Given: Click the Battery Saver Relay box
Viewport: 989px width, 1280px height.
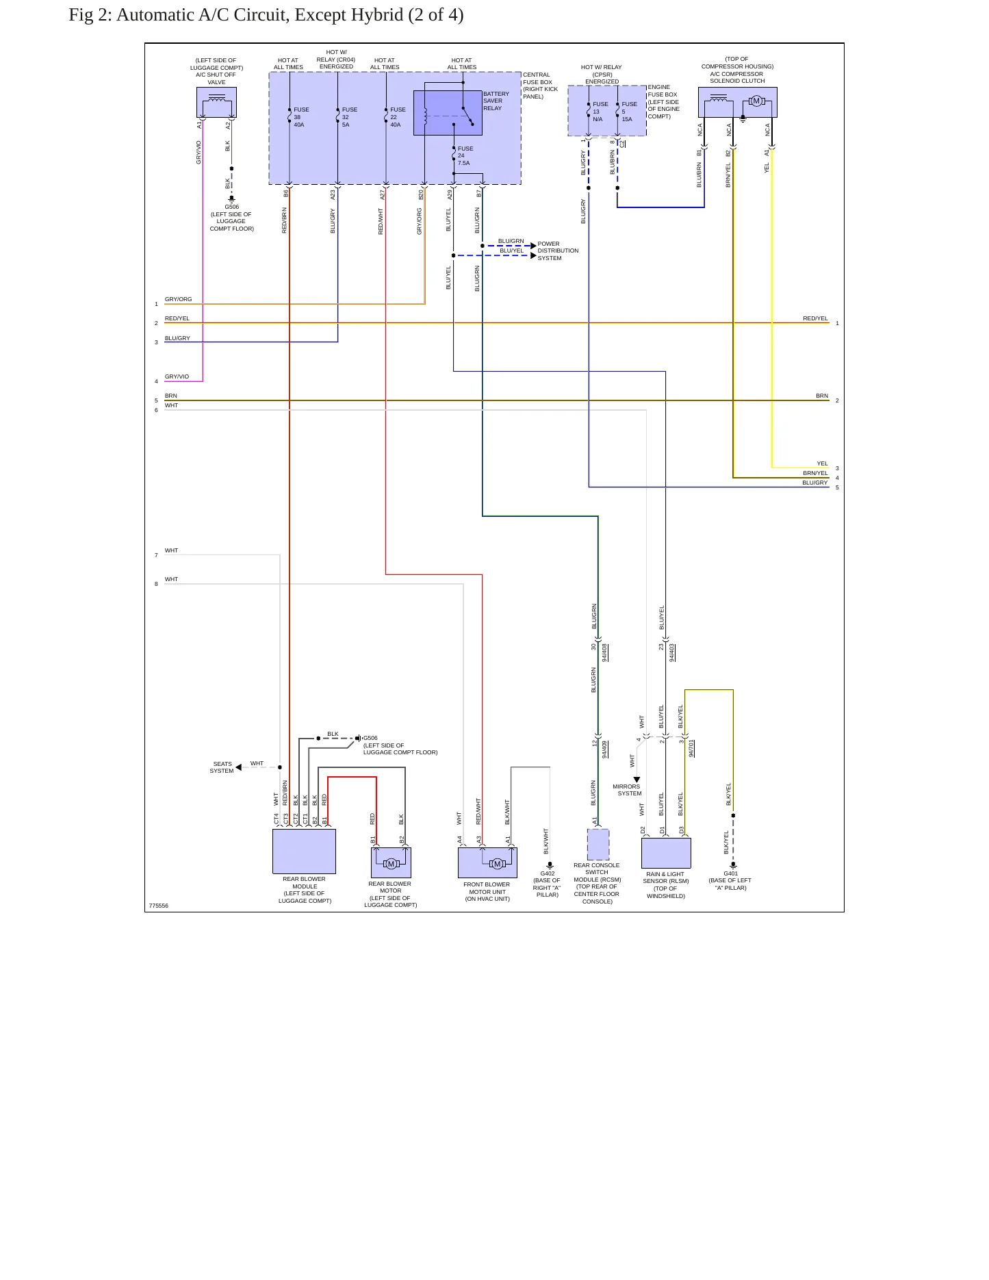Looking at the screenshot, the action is pyautogui.click(x=448, y=113).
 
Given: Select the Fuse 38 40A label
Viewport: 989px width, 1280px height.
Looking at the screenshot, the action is pyautogui.click(x=301, y=117).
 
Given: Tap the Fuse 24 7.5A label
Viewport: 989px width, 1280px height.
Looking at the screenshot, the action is pyautogui.click(x=465, y=156).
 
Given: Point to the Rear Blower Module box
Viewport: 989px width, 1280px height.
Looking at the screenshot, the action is pyautogui.click(x=304, y=852).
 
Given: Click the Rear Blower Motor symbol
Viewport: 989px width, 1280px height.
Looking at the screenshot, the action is pyautogui.click(x=391, y=863).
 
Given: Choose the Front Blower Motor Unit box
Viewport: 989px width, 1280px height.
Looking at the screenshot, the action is pyautogui.click(x=487, y=862).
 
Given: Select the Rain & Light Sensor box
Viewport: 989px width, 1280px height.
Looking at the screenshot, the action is pyautogui.click(x=666, y=853).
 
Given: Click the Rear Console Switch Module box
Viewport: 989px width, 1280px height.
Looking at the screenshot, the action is pyautogui.click(x=598, y=845).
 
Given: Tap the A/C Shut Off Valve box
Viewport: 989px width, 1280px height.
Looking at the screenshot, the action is pyautogui.click(x=216, y=103).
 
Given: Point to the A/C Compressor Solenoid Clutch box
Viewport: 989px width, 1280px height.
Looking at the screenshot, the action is pyautogui.click(x=738, y=103).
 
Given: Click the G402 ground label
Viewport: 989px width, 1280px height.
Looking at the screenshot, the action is pyautogui.click(x=548, y=873).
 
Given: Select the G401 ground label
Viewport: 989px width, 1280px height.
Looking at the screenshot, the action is pyautogui.click(x=731, y=873).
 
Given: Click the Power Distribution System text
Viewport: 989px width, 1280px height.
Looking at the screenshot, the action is pyautogui.click(x=558, y=251).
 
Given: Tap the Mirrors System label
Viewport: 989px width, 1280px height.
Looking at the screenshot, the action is pyautogui.click(x=627, y=790).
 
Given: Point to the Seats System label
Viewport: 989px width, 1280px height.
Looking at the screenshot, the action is pyautogui.click(x=222, y=767).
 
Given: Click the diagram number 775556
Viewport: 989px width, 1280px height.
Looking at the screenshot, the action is pyautogui.click(x=159, y=906).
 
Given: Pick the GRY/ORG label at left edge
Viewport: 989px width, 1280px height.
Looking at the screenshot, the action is pyautogui.click(x=179, y=299).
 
